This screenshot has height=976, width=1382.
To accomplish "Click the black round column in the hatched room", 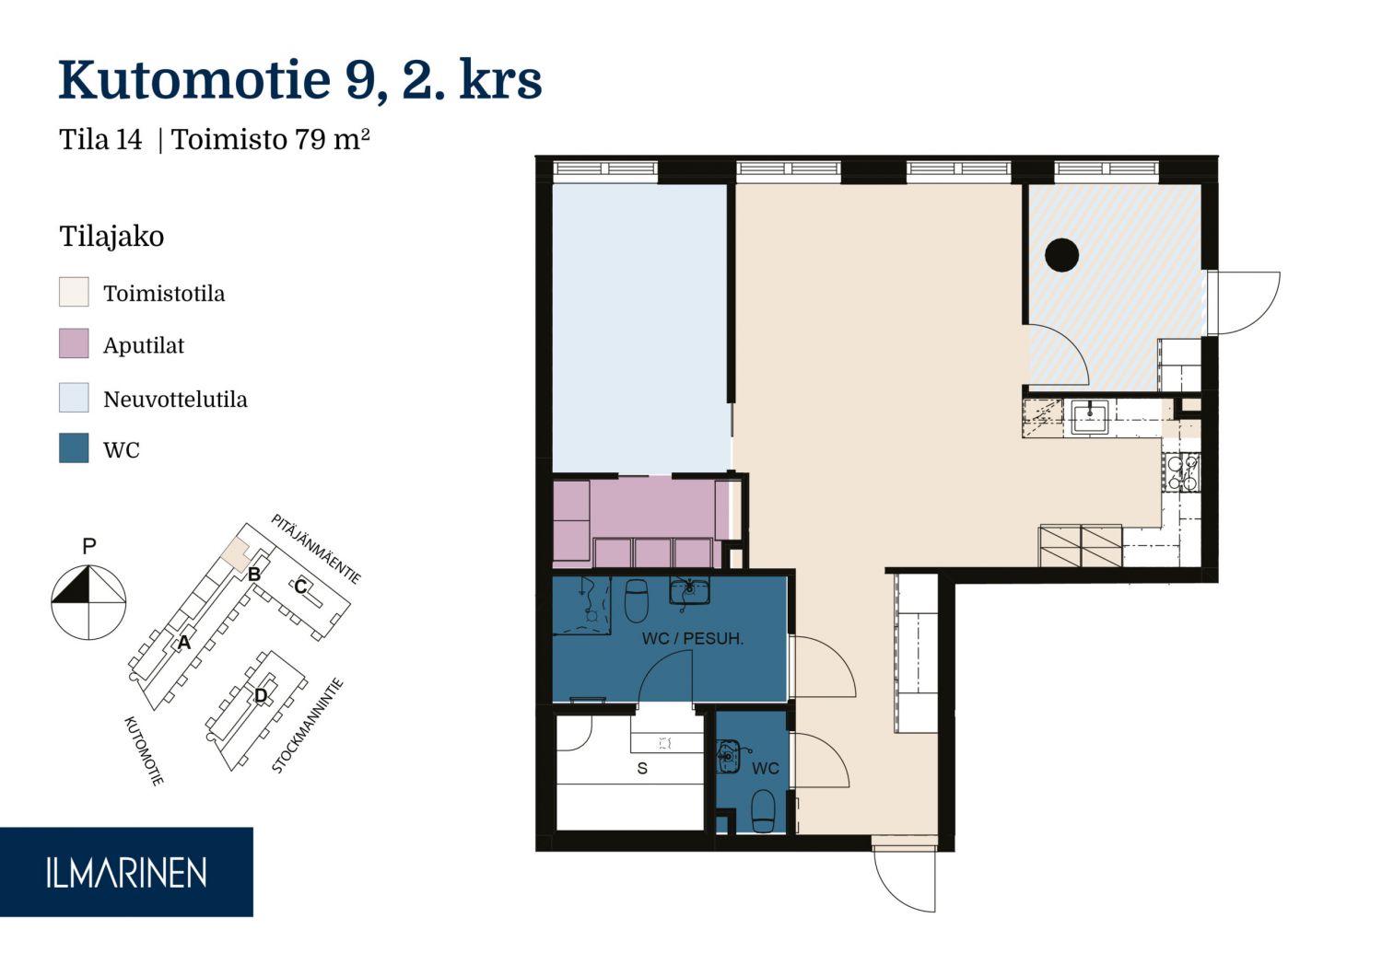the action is pyautogui.click(x=1061, y=255).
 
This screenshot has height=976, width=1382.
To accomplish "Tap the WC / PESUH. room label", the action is pyautogui.click(x=692, y=639).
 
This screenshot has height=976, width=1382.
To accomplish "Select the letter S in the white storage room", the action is pyautogui.click(x=642, y=768).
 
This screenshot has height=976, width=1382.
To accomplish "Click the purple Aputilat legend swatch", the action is pyautogui.click(x=74, y=343).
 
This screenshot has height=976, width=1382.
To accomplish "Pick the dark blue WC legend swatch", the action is pyautogui.click(x=74, y=447).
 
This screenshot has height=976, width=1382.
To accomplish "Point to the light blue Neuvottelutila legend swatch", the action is pyautogui.click(x=74, y=398).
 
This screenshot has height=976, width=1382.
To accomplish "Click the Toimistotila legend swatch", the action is pyautogui.click(x=74, y=292).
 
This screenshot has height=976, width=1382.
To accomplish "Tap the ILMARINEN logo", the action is pyautogui.click(x=126, y=873).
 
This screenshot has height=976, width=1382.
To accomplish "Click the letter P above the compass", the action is pyautogui.click(x=89, y=546).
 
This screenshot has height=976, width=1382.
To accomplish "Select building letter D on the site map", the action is pyautogui.click(x=261, y=695).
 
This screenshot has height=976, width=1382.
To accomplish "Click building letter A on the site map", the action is pyautogui.click(x=184, y=643).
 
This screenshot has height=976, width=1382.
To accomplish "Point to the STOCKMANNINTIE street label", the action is pyautogui.click(x=307, y=726).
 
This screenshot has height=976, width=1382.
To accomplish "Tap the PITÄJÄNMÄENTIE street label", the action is pyautogui.click(x=316, y=549).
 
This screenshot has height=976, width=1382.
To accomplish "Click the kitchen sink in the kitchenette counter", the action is pyautogui.click(x=1090, y=417).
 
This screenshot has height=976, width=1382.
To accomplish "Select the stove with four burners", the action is pyautogui.click(x=1181, y=471).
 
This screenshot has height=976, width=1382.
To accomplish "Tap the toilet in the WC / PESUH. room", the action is pyautogui.click(x=636, y=600).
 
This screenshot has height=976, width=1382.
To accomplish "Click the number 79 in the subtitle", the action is pyautogui.click(x=310, y=140).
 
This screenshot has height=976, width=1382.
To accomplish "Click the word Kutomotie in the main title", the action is pyautogui.click(x=195, y=80).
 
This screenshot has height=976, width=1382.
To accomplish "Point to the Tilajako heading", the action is pyautogui.click(x=111, y=237).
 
